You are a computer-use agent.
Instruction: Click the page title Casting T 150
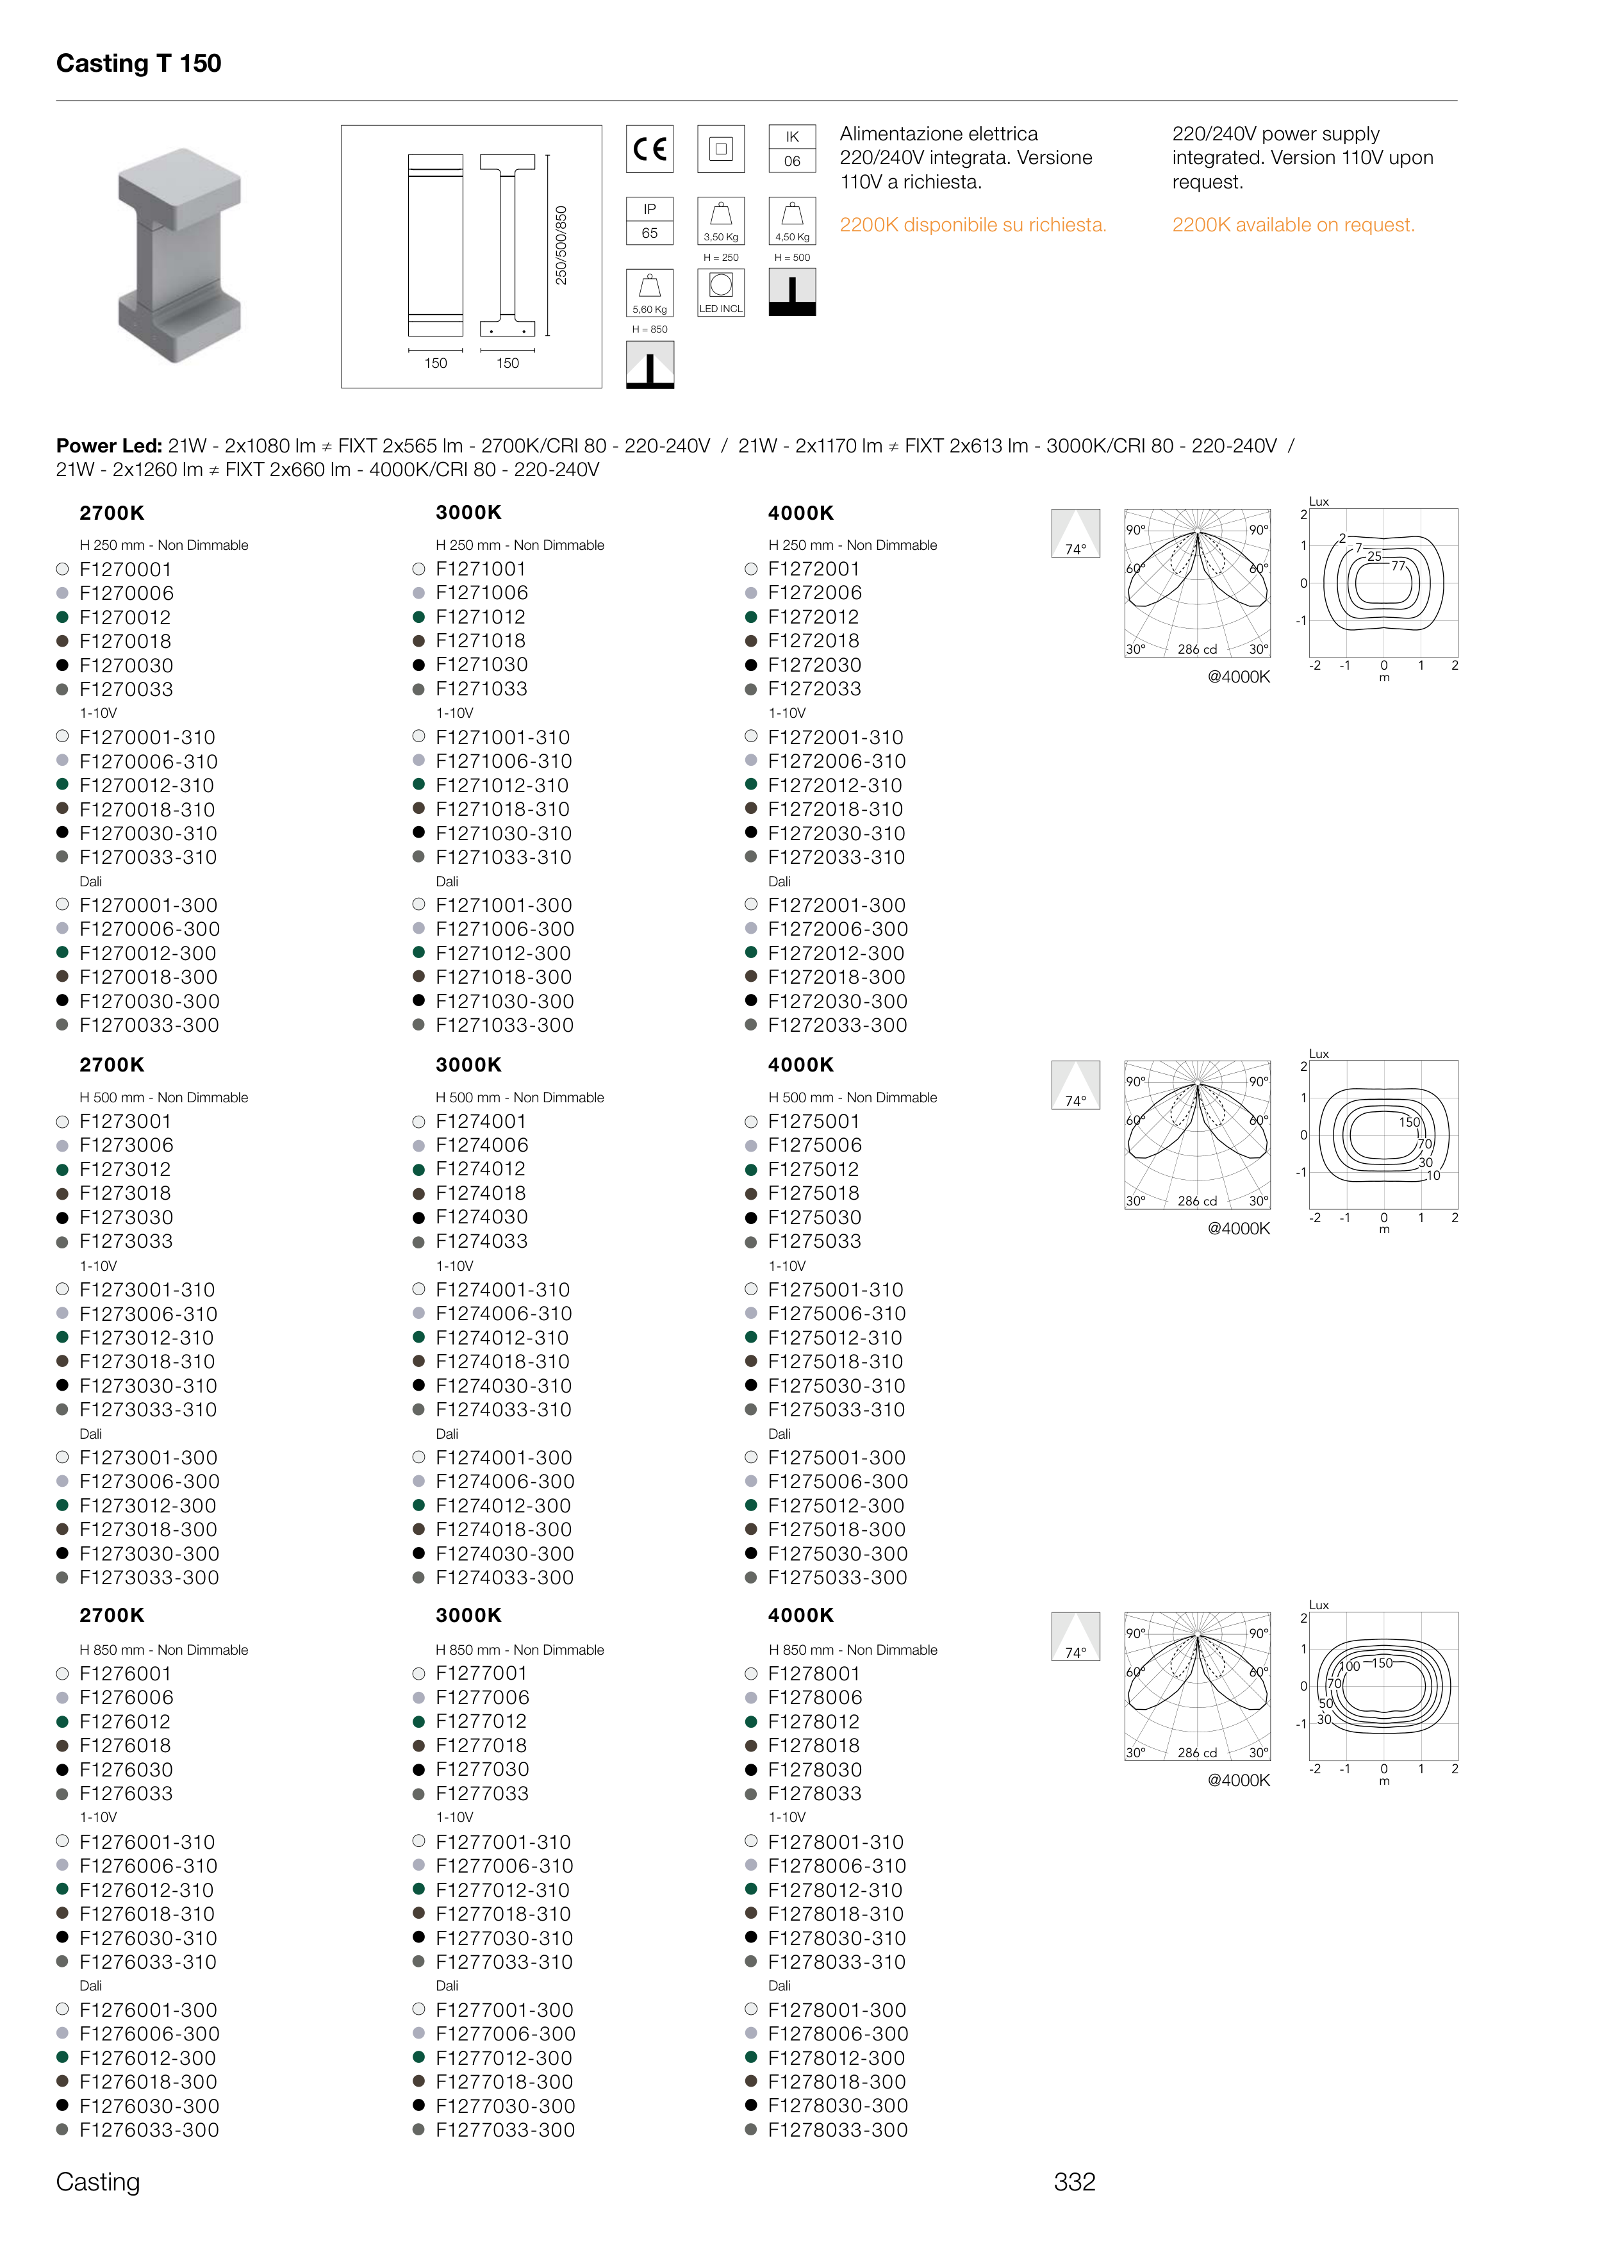pyautogui.click(x=138, y=64)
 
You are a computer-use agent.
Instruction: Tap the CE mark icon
pyautogui.click(x=649, y=149)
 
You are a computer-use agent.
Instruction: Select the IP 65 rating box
pyautogui.click(x=649, y=221)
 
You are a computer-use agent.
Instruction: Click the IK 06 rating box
pyautogui.click(x=791, y=149)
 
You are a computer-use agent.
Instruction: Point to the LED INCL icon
pyautogui.click(x=721, y=293)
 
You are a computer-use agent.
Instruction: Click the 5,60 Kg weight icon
pyautogui.click(x=649, y=293)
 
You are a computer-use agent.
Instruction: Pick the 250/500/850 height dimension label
pyautogui.click(x=561, y=245)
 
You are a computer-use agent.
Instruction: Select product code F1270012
pyautogui.click(x=126, y=618)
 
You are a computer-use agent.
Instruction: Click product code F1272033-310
pyautogui.click(x=836, y=857)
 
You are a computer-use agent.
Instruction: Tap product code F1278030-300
pyautogui.click(x=838, y=2105)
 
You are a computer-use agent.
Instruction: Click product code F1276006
pyautogui.click(x=126, y=1698)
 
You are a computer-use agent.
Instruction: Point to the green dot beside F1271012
pyautogui.click(x=418, y=618)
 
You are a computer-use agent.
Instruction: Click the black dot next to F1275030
pyautogui.click(x=750, y=1218)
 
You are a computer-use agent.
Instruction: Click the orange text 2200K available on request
pyautogui.click(x=1292, y=225)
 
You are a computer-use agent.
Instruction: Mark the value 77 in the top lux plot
pyautogui.click(x=1398, y=566)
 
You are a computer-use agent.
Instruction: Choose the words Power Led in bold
pyautogui.click(x=108, y=446)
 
